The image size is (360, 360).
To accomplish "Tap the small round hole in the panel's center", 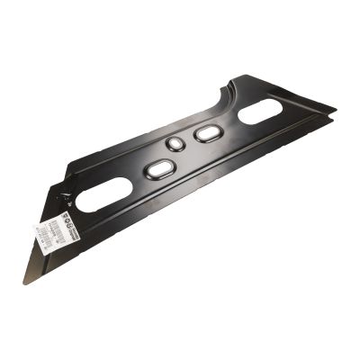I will point(176,145).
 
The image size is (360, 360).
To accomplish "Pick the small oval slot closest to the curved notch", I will point(208,133).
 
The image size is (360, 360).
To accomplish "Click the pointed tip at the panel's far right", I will point(335,112).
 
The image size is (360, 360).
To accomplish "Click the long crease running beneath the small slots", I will point(207,166).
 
